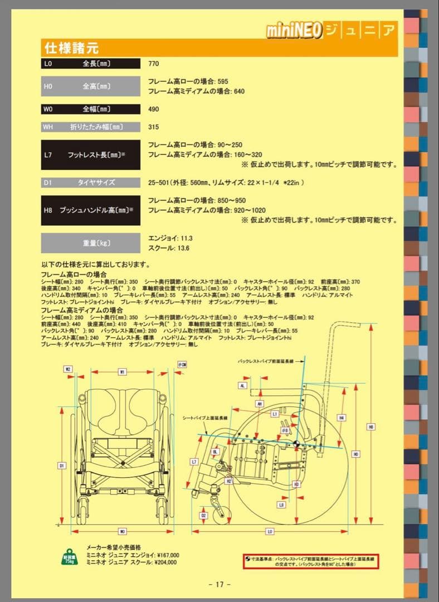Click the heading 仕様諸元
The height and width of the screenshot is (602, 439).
(x=72, y=48)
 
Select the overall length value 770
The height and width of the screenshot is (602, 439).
(x=153, y=64)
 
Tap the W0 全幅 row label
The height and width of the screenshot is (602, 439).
(x=90, y=109)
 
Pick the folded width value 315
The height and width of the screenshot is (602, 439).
(x=153, y=127)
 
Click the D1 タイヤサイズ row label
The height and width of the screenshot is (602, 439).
(x=90, y=182)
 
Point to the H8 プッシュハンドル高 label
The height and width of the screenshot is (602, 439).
(x=90, y=210)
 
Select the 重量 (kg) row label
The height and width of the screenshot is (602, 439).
(x=90, y=243)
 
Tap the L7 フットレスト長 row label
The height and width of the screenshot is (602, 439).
(x=90, y=154)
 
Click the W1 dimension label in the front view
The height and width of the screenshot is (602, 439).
(x=122, y=371)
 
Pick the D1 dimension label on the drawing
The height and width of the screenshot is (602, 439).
(x=61, y=465)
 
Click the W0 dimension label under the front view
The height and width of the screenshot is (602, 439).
(x=122, y=531)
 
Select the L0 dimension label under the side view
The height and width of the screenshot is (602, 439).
(x=270, y=531)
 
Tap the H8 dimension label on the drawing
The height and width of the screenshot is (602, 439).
(x=370, y=427)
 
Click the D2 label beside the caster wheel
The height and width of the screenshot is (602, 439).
(x=204, y=515)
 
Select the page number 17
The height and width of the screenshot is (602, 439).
(x=219, y=584)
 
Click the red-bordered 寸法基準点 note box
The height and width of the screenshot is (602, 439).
(x=311, y=560)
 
